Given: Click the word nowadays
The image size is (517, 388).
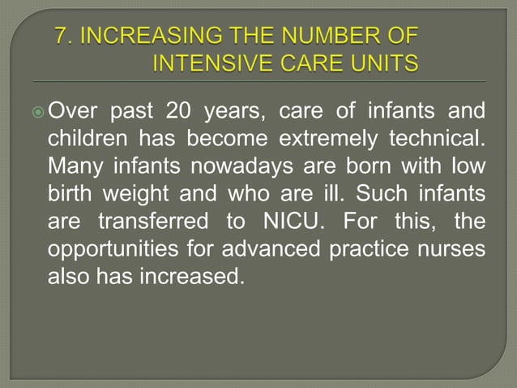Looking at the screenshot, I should click(x=224, y=166).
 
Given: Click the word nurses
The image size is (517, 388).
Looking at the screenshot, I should click(x=456, y=248).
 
